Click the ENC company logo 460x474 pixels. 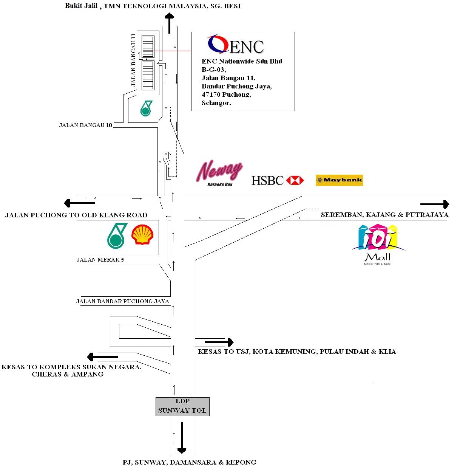(236, 45)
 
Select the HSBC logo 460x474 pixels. (278, 180)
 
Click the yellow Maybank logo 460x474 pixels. (339, 180)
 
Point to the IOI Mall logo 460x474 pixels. (378, 244)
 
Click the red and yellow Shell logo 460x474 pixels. (142, 235)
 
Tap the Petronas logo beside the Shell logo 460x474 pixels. (117, 235)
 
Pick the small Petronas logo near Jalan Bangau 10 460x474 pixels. (146, 108)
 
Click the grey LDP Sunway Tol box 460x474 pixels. (182, 406)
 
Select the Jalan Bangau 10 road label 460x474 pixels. (85, 125)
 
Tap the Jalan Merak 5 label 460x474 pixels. (100, 260)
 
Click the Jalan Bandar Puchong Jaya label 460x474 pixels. (122, 301)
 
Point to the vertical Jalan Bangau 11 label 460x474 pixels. (133, 60)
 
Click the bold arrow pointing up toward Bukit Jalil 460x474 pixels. (169, 23)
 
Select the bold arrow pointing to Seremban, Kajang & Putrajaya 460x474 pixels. (435, 204)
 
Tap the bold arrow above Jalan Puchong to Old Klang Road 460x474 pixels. (79, 203)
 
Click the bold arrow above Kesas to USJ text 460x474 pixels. (219, 342)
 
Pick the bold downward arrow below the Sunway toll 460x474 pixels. (182, 437)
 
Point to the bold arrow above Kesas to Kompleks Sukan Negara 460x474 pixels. (102, 356)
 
